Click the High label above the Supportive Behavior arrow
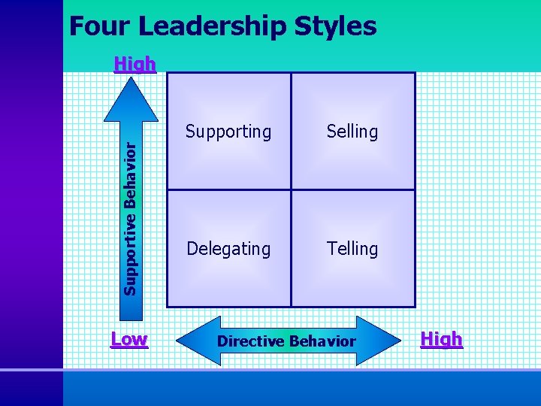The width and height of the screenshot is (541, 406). pyautogui.click(x=134, y=64)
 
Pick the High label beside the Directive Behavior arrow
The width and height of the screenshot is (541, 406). pyautogui.click(x=441, y=340)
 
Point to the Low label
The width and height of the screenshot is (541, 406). pyautogui.click(x=128, y=339)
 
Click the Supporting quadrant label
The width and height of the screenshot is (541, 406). pyautogui.click(x=228, y=132)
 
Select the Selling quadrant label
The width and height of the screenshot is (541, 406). pyautogui.click(x=352, y=132)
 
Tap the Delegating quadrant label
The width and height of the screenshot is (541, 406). pyautogui.click(x=228, y=248)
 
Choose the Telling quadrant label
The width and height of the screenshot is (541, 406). pyautogui.click(x=352, y=248)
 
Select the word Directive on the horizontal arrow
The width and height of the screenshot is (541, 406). pyautogui.click(x=250, y=341)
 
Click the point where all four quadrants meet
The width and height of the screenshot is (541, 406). pyautogui.click(x=291, y=189)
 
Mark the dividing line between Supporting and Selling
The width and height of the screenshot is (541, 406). pyautogui.click(x=291, y=132)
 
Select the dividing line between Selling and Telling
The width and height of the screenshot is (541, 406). pyautogui.click(x=352, y=189)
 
